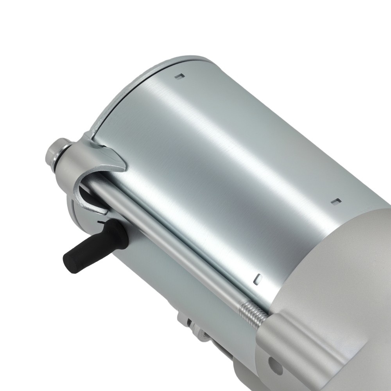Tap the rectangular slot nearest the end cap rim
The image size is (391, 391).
[x=179, y=77]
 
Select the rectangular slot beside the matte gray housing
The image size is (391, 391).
[x=335, y=201]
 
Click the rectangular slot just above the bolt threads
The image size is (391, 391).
[x=257, y=278]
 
